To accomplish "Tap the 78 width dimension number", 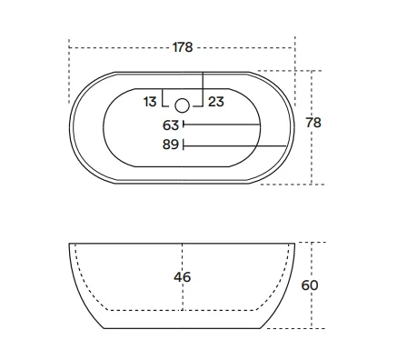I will click(340, 123).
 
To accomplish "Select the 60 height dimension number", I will click(335, 285).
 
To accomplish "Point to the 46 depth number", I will click(183, 277).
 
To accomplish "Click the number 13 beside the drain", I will click(150, 102).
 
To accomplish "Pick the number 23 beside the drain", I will click(216, 102).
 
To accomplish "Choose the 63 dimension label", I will click(171, 125).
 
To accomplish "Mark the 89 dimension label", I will click(171, 144).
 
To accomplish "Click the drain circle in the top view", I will click(183, 104).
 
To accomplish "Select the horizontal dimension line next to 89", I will click(236, 144).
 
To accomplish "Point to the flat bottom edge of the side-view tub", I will click(183, 327).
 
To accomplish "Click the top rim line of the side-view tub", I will click(183, 243).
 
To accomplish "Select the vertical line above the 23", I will click(203, 82).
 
